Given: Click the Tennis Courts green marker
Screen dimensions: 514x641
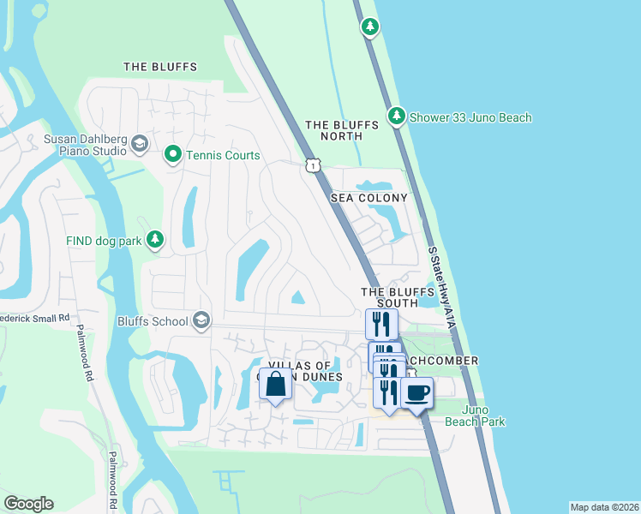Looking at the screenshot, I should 172,155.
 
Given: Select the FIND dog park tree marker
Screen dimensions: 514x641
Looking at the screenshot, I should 155,241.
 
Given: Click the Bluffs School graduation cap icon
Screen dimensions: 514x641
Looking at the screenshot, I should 201,321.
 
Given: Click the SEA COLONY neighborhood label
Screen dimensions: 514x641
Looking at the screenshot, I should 369,198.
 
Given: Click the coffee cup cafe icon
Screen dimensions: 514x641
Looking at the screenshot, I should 416,393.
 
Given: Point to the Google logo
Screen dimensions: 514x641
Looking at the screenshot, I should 28,503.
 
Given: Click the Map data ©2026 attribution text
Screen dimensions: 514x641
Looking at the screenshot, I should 604,507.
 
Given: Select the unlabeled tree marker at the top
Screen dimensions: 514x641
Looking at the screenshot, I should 369,27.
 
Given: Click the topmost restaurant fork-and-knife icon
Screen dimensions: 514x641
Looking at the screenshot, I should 381,324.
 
